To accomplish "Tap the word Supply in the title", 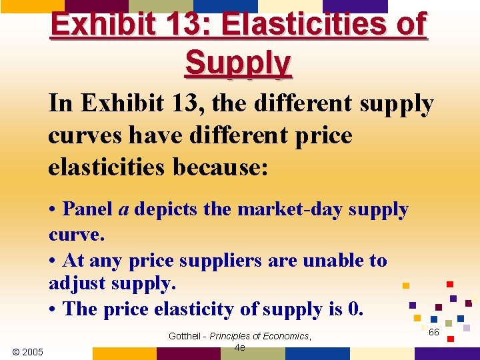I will click(x=238, y=63).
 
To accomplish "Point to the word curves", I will click(x=83, y=135).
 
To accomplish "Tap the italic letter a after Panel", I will click(x=123, y=210).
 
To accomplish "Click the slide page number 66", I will click(x=433, y=332).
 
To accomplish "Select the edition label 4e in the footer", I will click(x=240, y=347).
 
